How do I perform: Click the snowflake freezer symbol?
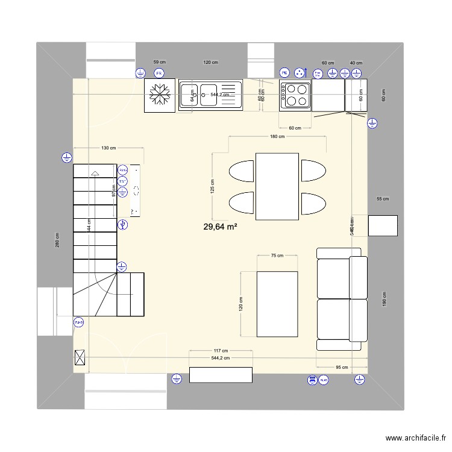160,96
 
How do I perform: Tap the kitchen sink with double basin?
209,95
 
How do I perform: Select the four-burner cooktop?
295,95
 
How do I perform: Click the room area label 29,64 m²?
220,227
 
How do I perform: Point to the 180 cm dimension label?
277,137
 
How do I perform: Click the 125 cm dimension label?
212,187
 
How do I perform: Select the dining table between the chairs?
277,187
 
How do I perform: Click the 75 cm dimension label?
277,256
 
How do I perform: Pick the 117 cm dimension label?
220,351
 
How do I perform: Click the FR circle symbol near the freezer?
159,74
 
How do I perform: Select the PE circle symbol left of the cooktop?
284,74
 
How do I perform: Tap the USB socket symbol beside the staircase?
123,225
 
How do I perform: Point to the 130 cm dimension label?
108,148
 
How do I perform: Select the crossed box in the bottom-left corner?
80,358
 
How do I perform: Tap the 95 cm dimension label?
342,366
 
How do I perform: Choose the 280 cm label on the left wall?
58,240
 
